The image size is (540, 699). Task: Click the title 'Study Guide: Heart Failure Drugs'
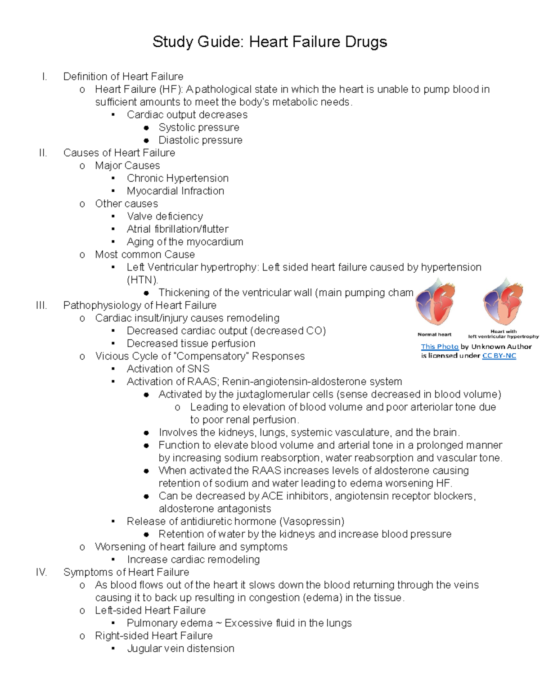pyautogui.click(x=270, y=42)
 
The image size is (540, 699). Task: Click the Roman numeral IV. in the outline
pyautogui.click(x=41, y=572)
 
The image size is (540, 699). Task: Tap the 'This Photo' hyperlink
pyautogui.click(x=439, y=347)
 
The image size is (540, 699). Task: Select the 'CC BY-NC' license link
pyautogui.click(x=499, y=356)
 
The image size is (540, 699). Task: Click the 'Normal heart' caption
pyautogui.click(x=434, y=334)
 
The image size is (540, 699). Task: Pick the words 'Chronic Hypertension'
pyautogui.click(x=177, y=178)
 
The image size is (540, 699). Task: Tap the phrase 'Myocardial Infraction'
pyautogui.click(x=175, y=191)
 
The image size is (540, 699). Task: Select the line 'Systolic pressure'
pyautogui.click(x=198, y=127)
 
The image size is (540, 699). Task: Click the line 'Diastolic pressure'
pyautogui.click(x=200, y=140)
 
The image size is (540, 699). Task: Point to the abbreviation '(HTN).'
pyautogui.click(x=142, y=280)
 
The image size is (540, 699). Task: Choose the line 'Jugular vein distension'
pyautogui.click(x=180, y=649)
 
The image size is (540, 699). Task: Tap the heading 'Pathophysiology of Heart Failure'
pyautogui.click(x=139, y=305)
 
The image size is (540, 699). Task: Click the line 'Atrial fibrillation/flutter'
pyautogui.click(x=177, y=229)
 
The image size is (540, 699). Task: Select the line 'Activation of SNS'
pyautogui.click(x=168, y=369)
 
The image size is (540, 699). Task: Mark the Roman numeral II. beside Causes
pyautogui.click(x=43, y=153)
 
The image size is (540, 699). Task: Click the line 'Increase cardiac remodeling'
pyautogui.click(x=193, y=559)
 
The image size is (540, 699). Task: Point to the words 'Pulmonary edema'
pyautogui.click(x=170, y=623)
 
